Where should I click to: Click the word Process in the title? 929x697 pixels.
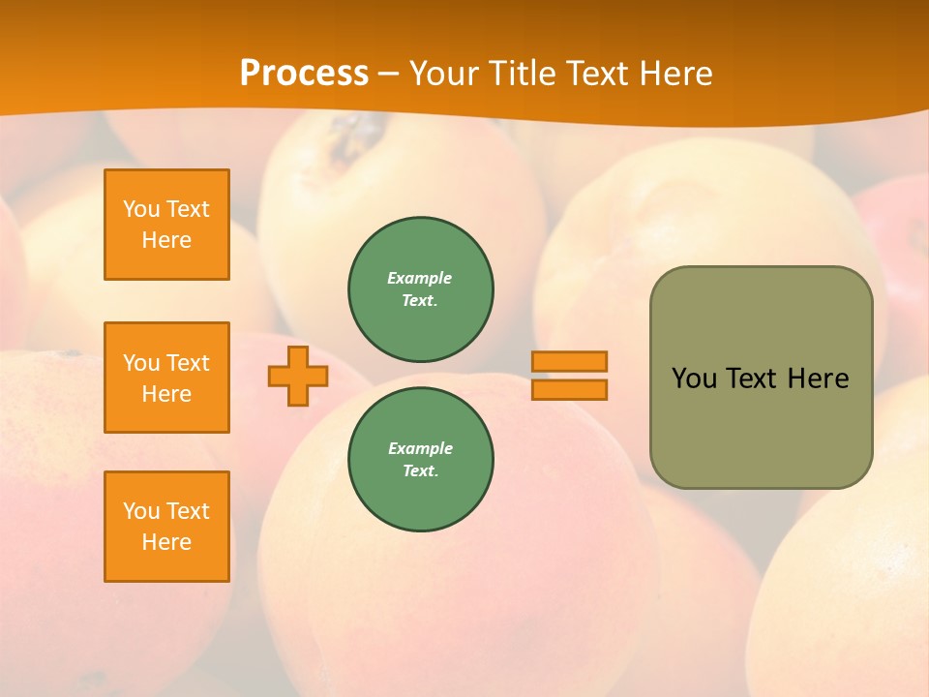tap(304, 74)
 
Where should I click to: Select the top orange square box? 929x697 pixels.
tap(166, 225)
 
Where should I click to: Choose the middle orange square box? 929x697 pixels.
tap(166, 378)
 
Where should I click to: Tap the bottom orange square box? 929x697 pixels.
tap(166, 527)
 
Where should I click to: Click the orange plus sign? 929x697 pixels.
tap(298, 376)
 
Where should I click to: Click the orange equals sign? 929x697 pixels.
tap(569, 376)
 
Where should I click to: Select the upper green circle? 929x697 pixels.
tap(421, 289)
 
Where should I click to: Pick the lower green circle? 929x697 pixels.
tap(421, 460)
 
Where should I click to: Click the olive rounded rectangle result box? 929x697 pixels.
tap(761, 378)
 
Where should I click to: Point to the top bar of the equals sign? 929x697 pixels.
tap(569, 361)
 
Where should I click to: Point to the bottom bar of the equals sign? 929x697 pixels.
tap(569, 390)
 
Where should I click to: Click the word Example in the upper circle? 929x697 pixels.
tap(420, 278)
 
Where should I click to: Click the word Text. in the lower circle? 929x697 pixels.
tap(420, 471)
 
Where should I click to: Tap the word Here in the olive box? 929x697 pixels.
tap(818, 379)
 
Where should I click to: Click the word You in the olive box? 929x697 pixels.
tap(694, 379)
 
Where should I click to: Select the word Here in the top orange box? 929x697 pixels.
tap(166, 240)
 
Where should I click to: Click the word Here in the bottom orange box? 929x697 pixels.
tap(166, 542)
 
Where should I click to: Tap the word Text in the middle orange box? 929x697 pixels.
tap(188, 363)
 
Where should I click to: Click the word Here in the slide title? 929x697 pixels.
tap(674, 74)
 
